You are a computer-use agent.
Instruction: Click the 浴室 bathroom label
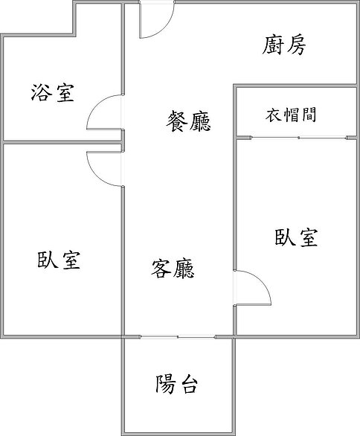[53, 92]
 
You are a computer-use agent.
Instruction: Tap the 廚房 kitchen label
[284, 45]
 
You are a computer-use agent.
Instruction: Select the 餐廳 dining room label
[188, 121]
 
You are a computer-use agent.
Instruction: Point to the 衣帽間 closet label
[291, 115]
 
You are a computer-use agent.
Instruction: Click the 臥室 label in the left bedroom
[59, 260]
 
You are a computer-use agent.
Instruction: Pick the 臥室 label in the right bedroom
[296, 237]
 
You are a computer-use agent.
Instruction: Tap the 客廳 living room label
[173, 269]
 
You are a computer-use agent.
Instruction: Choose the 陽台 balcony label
[176, 384]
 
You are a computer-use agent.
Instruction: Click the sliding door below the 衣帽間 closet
[299, 138]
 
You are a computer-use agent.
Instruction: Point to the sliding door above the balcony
[178, 337]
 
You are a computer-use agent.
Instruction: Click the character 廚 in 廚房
[273, 45]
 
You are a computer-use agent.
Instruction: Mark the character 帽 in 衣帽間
[291, 115]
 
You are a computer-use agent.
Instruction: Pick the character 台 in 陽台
[187, 385]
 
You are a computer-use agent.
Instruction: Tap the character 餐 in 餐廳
[177, 121]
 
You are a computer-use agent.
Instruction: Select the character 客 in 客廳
[161, 269]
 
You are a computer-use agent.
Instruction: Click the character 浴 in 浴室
[42, 92]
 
